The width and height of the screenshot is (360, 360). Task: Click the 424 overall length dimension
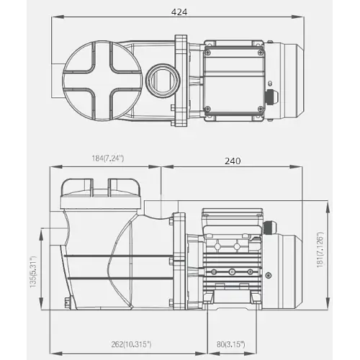[x=179, y=12]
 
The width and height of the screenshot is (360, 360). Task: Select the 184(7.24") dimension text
[x=108, y=158]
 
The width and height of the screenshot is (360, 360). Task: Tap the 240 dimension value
[x=233, y=161]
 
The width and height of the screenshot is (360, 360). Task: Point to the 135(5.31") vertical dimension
[x=33, y=272]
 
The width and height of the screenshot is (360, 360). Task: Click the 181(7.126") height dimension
[x=320, y=250]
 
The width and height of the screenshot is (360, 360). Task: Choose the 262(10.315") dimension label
[x=131, y=344]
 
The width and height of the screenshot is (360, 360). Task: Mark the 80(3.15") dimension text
[x=231, y=344]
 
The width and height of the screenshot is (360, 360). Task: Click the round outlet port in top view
[x=163, y=80]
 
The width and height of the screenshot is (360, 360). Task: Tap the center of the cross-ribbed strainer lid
[x=102, y=81]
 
